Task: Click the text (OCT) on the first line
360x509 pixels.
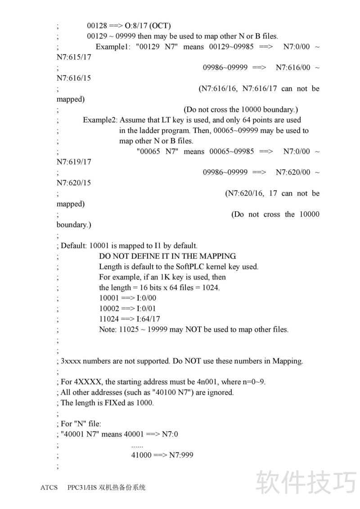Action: pyautogui.click(x=160, y=26)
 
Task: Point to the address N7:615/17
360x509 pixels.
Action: pyautogui.click(x=74, y=57)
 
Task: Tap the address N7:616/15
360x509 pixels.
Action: pyautogui.click(x=74, y=78)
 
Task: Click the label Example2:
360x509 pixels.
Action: pyautogui.click(x=100, y=120)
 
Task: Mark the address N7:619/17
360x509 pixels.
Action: pyautogui.click(x=74, y=162)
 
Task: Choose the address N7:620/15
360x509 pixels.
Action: pyautogui.click(x=74, y=183)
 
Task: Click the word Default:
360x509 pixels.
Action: pyautogui.click(x=74, y=246)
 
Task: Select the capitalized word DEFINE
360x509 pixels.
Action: pyautogui.click(x=140, y=256)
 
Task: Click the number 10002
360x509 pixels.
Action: pyautogui.click(x=108, y=308)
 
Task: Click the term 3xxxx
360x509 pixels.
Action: pyautogui.click(x=71, y=361)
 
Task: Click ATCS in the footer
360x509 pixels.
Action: pyautogui.click(x=49, y=487)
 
